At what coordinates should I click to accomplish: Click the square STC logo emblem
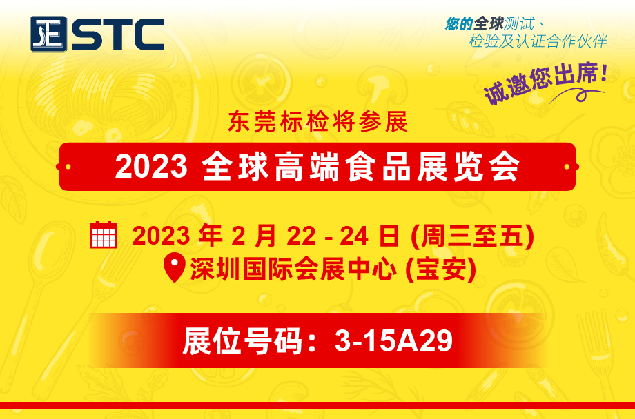[48, 34]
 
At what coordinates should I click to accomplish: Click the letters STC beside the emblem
[118, 34]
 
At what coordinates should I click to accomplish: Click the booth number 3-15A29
[393, 341]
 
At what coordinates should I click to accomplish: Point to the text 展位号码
[242, 341]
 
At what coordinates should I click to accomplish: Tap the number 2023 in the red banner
[151, 166]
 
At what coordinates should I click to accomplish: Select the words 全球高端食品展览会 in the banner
[360, 166]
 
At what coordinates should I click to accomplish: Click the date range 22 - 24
[328, 236]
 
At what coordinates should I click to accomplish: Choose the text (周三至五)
[472, 236]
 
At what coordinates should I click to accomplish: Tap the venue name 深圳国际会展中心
[293, 269]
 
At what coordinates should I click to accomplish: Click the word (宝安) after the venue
[440, 269]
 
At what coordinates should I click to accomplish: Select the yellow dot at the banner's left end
[68, 167]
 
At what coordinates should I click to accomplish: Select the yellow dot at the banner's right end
[567, 167]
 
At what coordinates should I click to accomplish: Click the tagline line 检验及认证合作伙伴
[538, 41]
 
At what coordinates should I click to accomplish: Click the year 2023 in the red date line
[162, 236]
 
